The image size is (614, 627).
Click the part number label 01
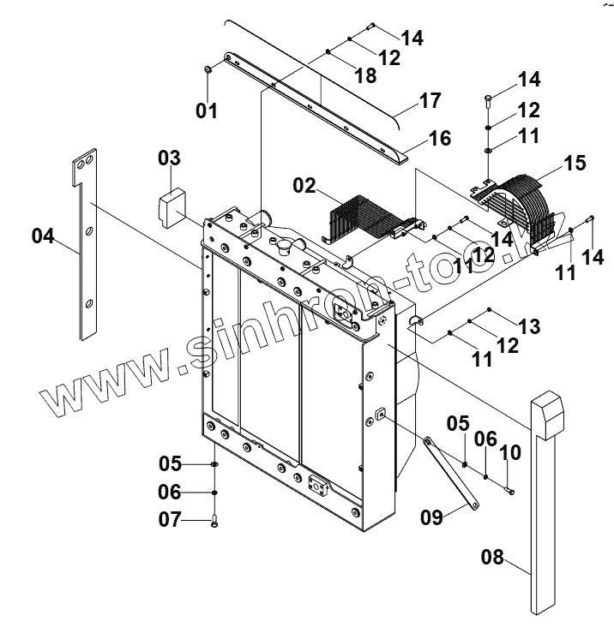(x=207, y=110)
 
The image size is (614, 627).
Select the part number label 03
(x=169, y=158)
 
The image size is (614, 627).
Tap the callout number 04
(x=47, y=235)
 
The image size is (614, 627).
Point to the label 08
(x=492, y=558)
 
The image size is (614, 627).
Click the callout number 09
(x=433, y=517)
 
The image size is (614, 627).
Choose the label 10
(x=510, y=451)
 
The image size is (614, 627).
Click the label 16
(x=439, y=139)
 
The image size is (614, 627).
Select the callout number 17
(x=430, y=101)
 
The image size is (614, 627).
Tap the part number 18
(x=364, y=76)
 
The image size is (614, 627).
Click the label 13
(x=528, y=325)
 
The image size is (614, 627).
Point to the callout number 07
(x=170, y=519)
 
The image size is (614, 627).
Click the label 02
(x=304, y=186)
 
